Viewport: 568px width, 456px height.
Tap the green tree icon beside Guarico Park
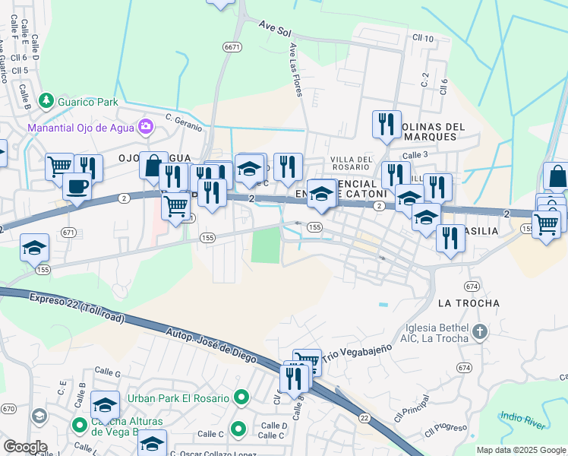click(46, 100)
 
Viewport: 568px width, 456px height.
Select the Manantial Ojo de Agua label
click(80, 127)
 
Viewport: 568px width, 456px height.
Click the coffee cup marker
click(76, 186)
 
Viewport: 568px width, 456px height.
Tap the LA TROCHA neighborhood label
click(469, 303)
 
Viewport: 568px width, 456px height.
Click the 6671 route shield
click(232, 47)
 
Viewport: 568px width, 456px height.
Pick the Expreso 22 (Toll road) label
click(77, 308)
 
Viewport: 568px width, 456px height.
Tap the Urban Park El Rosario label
click(178, 398)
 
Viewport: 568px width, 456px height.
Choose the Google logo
click(25, 447)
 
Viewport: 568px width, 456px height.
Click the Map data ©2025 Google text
click(520, 450)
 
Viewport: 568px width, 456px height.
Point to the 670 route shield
click(8, 409)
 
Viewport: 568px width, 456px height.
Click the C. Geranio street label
click(185, 121)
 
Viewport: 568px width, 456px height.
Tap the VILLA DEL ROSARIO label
click(351, 163)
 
